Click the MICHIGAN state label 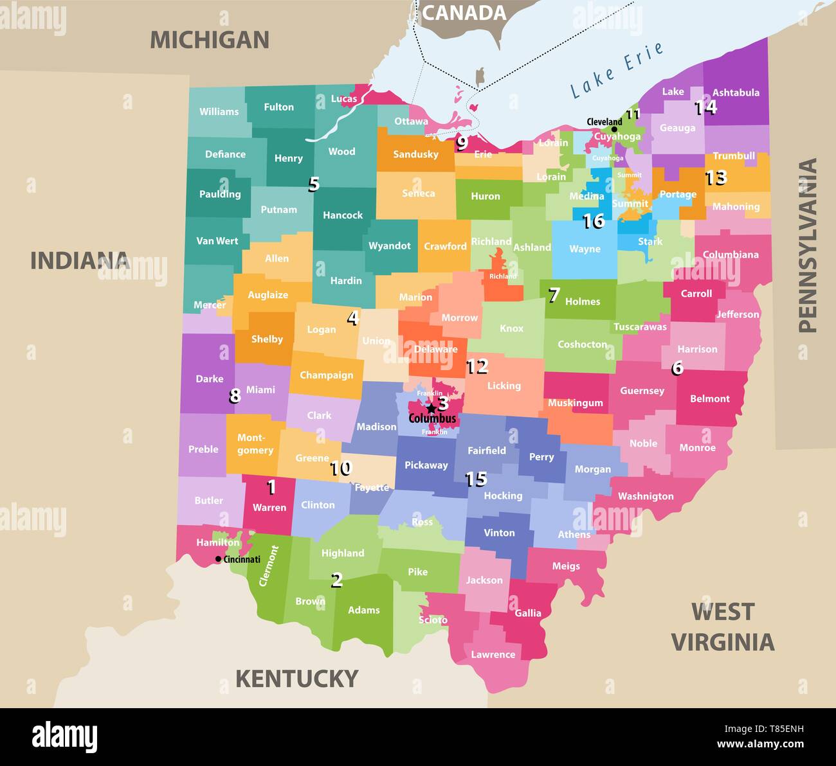click(209, 40)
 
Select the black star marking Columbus click(430, 408)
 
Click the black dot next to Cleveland click(614, 129)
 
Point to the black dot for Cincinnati click(219, 559)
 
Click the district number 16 click(593, 222)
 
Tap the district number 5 click(313, 184)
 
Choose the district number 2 click(336, 580)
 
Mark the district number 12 click(477, 366)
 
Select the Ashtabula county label click(736, 93)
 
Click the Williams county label click(219, 112)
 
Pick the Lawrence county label click(493, 654)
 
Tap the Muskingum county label click(575, 403)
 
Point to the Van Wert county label click(217, 241)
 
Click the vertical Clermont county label click(269, 566)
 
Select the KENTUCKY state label click(296, 679)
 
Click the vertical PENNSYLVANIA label click(807, 245)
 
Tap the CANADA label click(464, 13)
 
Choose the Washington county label click(645, 496)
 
